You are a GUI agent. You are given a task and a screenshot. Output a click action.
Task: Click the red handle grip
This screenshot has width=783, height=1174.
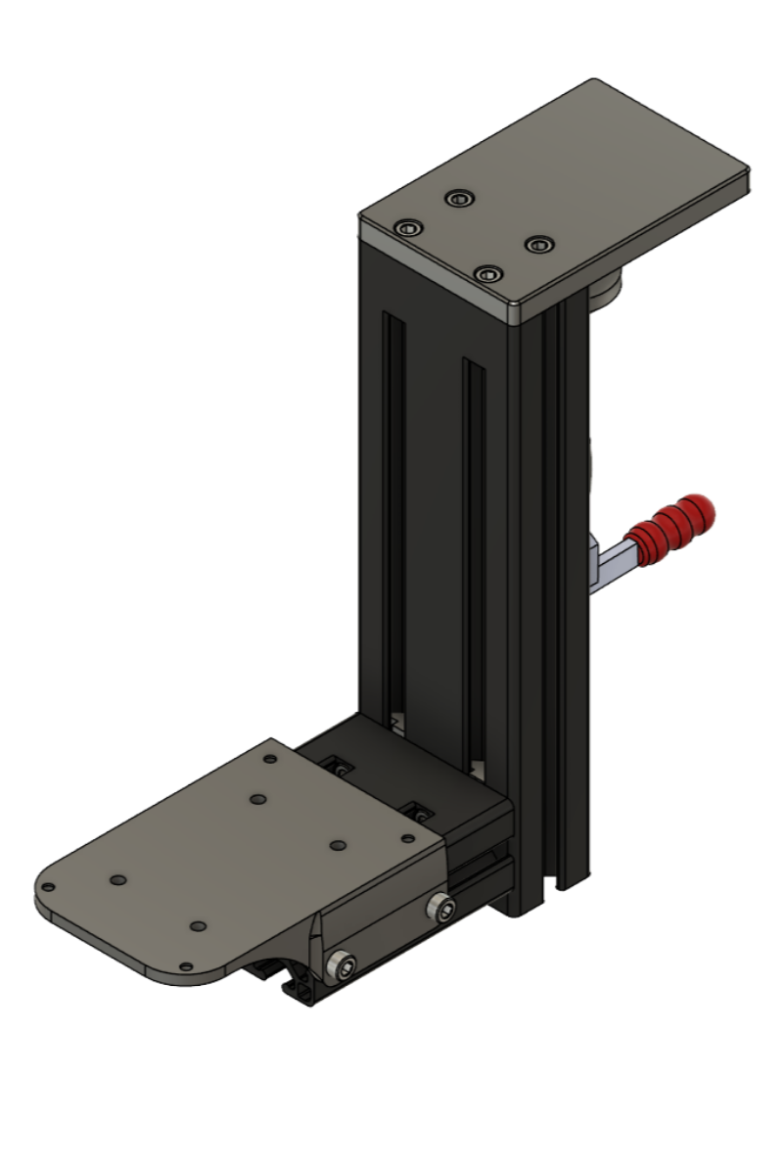pyautogui.click(x=674, y=526)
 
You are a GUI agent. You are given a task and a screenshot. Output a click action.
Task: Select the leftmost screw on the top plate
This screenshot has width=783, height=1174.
pyautogui.click(x=408, y=228)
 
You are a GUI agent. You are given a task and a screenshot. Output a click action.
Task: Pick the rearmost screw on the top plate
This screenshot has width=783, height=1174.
pyautogui.click(x=457, y=199)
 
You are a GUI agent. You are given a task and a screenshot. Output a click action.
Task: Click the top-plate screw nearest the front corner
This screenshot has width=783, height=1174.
pyautogui.click(x=486, y=273)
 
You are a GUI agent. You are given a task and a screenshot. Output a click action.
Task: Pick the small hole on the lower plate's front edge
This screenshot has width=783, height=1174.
pyautogui.click(x=197, y=925)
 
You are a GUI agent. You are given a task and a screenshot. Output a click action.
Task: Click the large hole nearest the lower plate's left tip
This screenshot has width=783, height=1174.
pyautogui.click(x=115, y=880)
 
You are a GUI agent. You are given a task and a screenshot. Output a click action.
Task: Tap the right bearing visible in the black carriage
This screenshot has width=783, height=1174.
pyautogui.click(x=418, y=812)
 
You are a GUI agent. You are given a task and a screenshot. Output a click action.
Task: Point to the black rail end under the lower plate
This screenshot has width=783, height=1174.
pyautogui.click(x=294, y=984)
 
